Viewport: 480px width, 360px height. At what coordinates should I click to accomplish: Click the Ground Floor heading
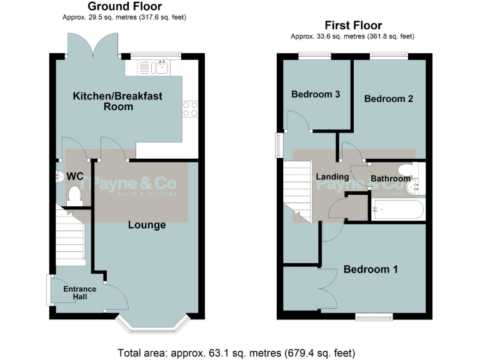pos(124,7)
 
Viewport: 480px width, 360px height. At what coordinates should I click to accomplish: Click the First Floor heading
pos(352,26)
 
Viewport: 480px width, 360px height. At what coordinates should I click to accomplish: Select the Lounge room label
pos(147,224)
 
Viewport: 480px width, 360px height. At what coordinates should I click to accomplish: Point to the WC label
pos(76,176)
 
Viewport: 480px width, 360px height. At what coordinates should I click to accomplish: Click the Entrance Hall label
pos(79,292)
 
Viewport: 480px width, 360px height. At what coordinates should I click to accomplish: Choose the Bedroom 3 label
pos(316,94)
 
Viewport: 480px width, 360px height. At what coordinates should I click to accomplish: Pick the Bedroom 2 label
pos(389,99)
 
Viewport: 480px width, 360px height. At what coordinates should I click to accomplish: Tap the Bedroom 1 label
pos(371,269)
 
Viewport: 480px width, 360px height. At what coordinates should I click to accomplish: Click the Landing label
pos(332,177)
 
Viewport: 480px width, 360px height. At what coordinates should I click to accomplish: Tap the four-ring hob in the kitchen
pos(189,109)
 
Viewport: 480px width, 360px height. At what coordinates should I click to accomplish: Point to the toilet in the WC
pos(75,195)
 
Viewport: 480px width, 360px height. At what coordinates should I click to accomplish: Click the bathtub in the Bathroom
pos(397,209)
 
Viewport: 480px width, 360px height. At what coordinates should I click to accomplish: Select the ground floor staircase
pos(70,237)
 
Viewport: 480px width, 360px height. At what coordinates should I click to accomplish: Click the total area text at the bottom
pos(239,351)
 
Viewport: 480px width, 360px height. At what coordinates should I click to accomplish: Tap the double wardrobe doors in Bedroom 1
pos(325,288)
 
